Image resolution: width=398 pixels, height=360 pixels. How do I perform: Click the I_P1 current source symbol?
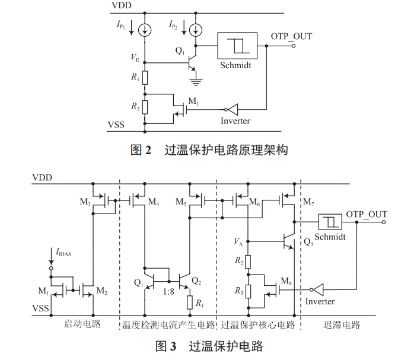145,28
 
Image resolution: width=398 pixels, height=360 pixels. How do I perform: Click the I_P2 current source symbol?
197,28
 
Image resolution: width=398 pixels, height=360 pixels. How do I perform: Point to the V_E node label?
136,58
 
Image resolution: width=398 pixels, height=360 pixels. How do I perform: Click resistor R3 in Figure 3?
247,291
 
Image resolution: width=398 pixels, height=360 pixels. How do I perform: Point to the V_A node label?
238,241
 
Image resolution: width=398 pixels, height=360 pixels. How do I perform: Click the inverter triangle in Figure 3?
317,290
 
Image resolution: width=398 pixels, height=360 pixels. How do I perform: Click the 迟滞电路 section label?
342,325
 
